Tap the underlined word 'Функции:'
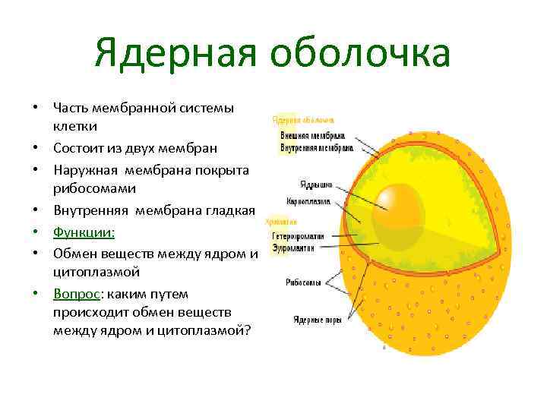(84, 232)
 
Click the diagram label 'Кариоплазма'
(307, 202)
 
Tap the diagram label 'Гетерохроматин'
(298, 236)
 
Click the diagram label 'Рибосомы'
(303, 282)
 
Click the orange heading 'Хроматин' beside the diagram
(280, 222)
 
